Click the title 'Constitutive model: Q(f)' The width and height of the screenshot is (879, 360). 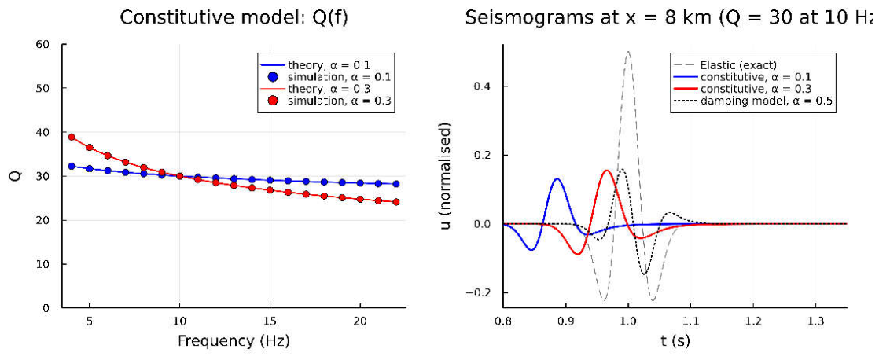point(234,18)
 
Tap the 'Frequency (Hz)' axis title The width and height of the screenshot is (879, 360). point(234,340)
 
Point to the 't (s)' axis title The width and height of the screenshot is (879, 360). point(675,340)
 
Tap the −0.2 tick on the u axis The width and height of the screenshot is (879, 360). point(481,292)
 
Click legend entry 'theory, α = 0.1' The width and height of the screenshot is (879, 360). point(327,63)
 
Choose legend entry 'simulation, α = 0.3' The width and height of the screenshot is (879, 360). point(327,101)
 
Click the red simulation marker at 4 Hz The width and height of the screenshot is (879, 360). point(72,137)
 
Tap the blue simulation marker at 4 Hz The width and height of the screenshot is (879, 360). point(72,166)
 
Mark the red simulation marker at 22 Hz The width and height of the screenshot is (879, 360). point(395,202)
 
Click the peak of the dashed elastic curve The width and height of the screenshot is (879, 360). point(628,52)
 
